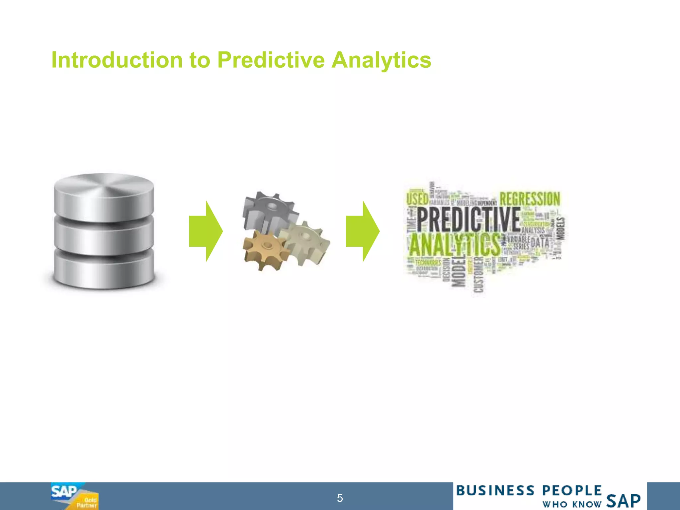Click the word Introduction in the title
117,60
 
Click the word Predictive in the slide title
271,60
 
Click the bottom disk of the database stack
104,269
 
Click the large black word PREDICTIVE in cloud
468,220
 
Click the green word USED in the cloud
417,199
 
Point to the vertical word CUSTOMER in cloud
479,275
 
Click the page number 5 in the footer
340,498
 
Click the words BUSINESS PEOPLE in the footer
529,491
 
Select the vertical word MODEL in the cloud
459,271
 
